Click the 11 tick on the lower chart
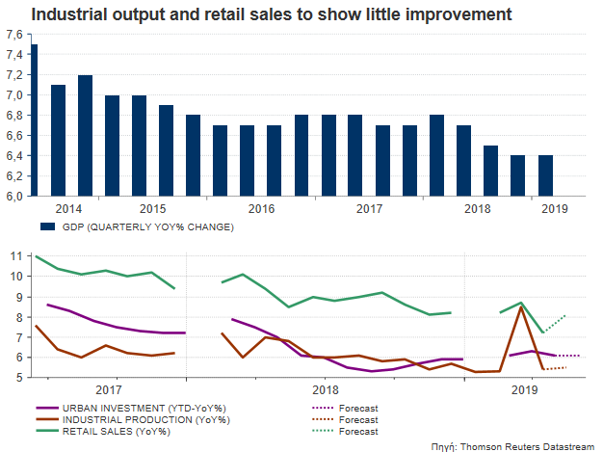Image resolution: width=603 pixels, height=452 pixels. [x=14, y=256]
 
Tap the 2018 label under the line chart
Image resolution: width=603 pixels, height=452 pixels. [x=327, y=389]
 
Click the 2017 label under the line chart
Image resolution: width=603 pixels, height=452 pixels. [x=108, y=389]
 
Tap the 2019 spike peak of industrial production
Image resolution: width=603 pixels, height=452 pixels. [x=521, y=306]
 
